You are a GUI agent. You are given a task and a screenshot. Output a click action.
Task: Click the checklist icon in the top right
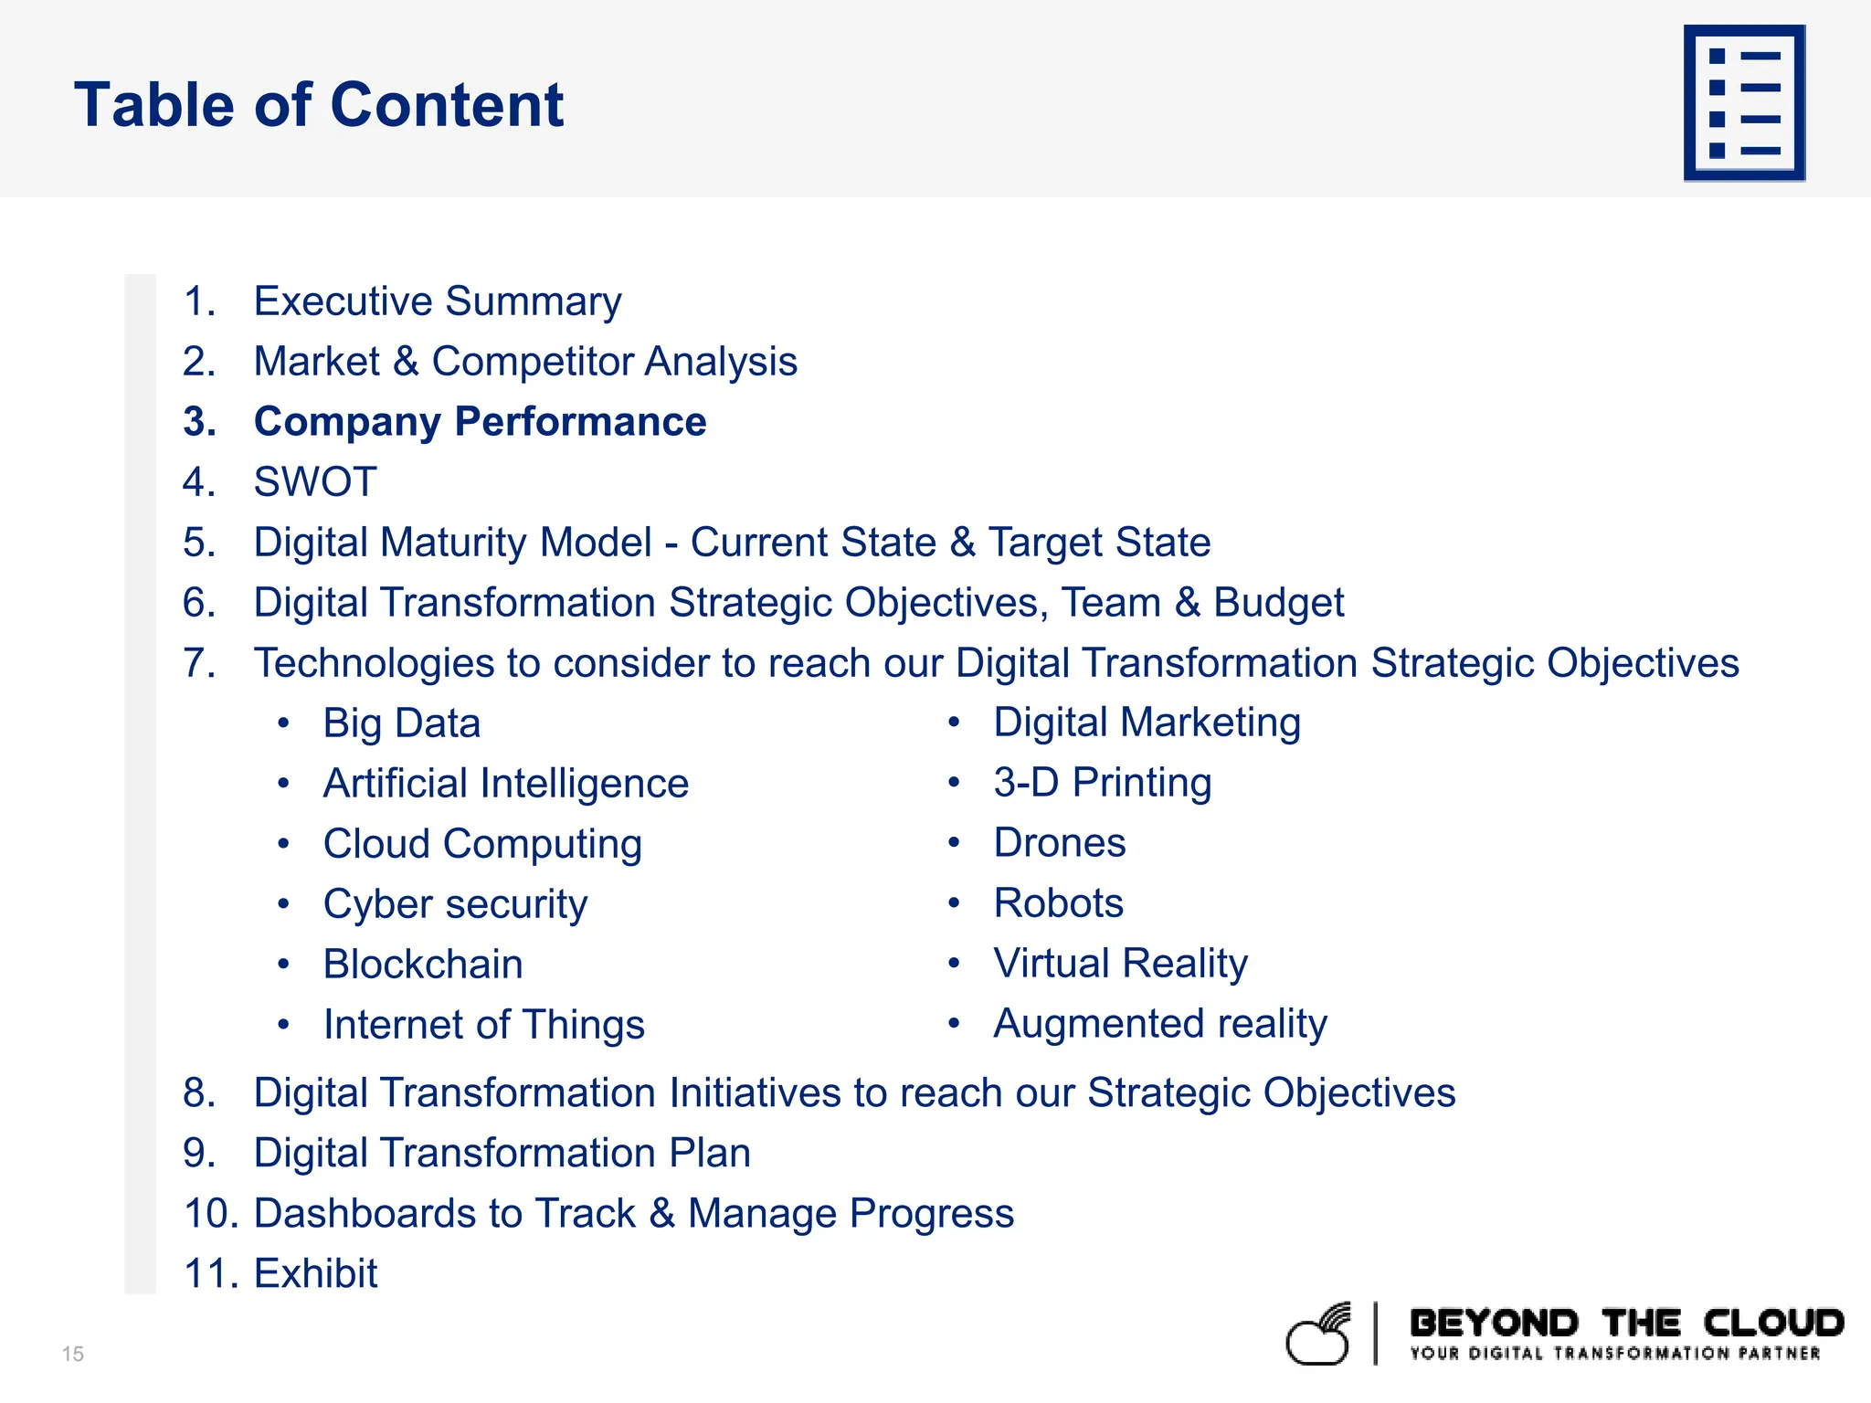1744,102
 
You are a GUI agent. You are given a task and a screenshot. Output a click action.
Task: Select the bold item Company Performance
480,422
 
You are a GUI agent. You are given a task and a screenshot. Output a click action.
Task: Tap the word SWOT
315,482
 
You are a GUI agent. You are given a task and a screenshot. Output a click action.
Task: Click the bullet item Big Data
402,723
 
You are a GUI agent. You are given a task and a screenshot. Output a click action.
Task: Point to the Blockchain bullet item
423,965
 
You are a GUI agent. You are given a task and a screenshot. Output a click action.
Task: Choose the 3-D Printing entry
1103,783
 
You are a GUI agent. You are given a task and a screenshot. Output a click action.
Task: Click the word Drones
1060,843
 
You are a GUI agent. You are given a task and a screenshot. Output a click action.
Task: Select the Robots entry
1058,903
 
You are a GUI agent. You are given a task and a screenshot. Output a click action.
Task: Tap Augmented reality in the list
1160,1024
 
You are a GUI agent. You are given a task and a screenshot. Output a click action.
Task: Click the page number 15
73,1354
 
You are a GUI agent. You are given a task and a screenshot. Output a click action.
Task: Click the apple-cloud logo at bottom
1318,1335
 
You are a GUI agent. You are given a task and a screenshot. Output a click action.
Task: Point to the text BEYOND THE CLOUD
1626,1324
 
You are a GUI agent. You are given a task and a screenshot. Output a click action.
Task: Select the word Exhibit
315,1274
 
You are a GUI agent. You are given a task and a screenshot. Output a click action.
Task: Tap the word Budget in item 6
1278,603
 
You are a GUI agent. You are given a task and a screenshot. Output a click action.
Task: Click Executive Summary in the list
438,301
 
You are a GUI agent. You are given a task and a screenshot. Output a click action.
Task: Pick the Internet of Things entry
484,1025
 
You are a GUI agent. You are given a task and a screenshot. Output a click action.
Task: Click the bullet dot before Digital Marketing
954,723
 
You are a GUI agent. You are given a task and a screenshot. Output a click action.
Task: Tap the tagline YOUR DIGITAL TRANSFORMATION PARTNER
1614,1354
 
